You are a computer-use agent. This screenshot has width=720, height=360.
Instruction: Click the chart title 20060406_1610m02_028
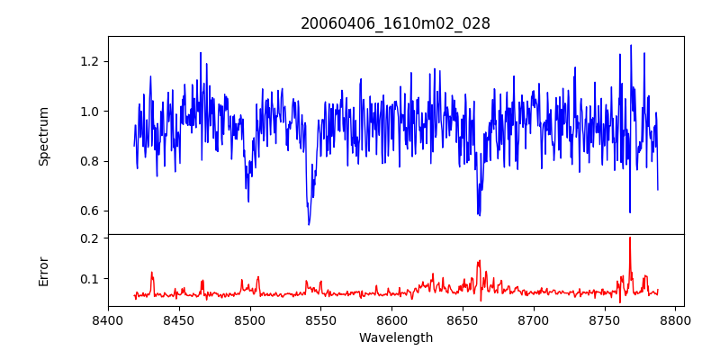point(395,23)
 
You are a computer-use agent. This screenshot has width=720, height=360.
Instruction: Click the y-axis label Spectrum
point(44,136)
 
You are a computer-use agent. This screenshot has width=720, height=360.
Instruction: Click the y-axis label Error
point(44,271)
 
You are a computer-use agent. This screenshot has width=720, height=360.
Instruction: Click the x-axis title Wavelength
point(395,338)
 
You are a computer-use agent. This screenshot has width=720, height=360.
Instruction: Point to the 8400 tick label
point(108,319)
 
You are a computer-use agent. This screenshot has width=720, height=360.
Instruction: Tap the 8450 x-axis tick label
point(179,319)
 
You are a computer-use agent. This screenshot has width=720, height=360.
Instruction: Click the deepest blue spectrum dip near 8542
point(309,224)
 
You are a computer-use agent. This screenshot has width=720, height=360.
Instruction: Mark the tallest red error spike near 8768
point(630,238)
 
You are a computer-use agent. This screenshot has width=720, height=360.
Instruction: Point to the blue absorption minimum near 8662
point(479,215)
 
